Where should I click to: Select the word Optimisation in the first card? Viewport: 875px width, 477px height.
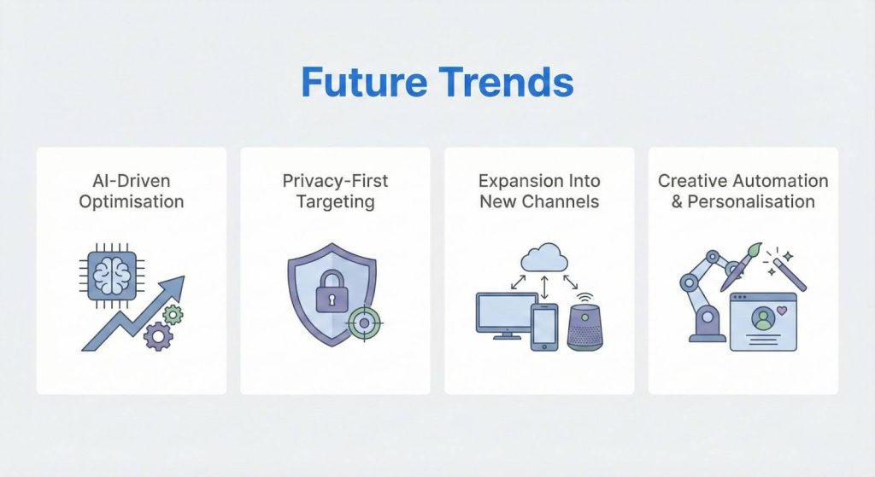(x=132, y=202)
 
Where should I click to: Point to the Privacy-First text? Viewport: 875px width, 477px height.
(x=335, y=181)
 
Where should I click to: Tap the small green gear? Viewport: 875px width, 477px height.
(x=173, y=315)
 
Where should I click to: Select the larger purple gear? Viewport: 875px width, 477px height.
(x=158, y=336)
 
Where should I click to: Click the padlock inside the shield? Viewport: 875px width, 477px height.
(x=330, y=295)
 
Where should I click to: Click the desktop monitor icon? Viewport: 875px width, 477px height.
(x=499, y=314)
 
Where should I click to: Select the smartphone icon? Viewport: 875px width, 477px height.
(x=544, y=326)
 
